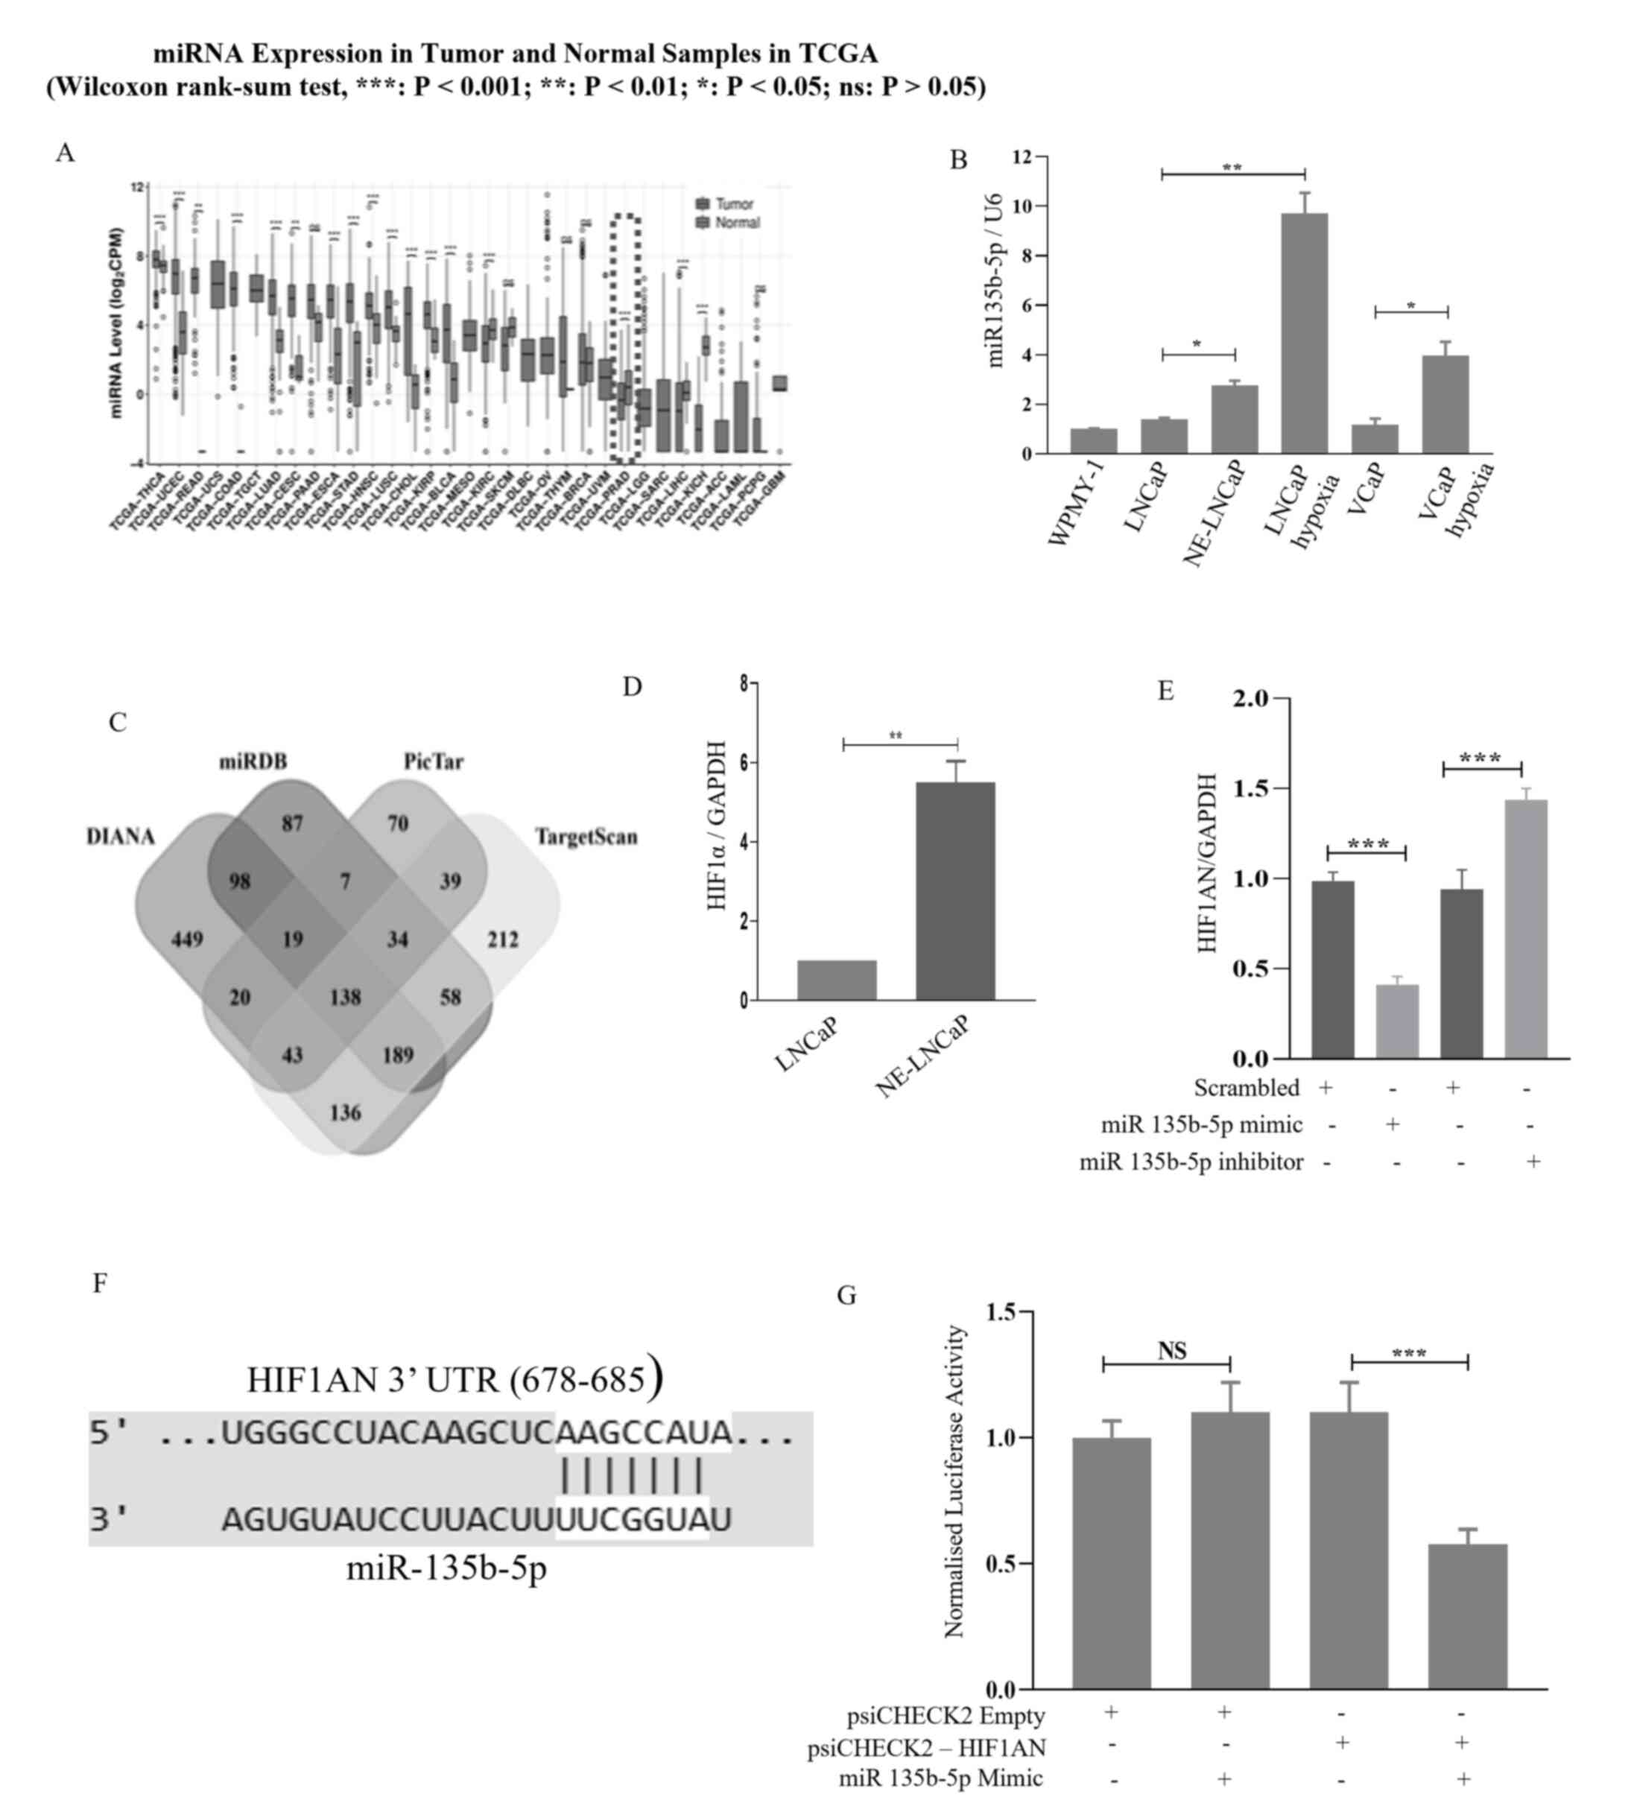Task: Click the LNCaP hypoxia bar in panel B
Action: tap(1304, 333)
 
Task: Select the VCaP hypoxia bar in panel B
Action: tap(1445, 405)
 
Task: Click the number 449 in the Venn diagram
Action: tap(186, 939)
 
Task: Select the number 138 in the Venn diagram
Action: tap(345, 996)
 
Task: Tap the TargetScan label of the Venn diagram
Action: tap(586, 837)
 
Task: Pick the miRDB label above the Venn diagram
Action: tap(253, 761)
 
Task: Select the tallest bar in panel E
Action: tap(1525, 928)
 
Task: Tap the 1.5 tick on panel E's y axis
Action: tap(1254, 788)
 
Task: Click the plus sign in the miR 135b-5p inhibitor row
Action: tap(1533, 1162)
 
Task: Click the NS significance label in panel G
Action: tap(1171, 1350)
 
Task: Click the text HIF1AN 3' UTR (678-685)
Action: tap(455, 1379)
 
